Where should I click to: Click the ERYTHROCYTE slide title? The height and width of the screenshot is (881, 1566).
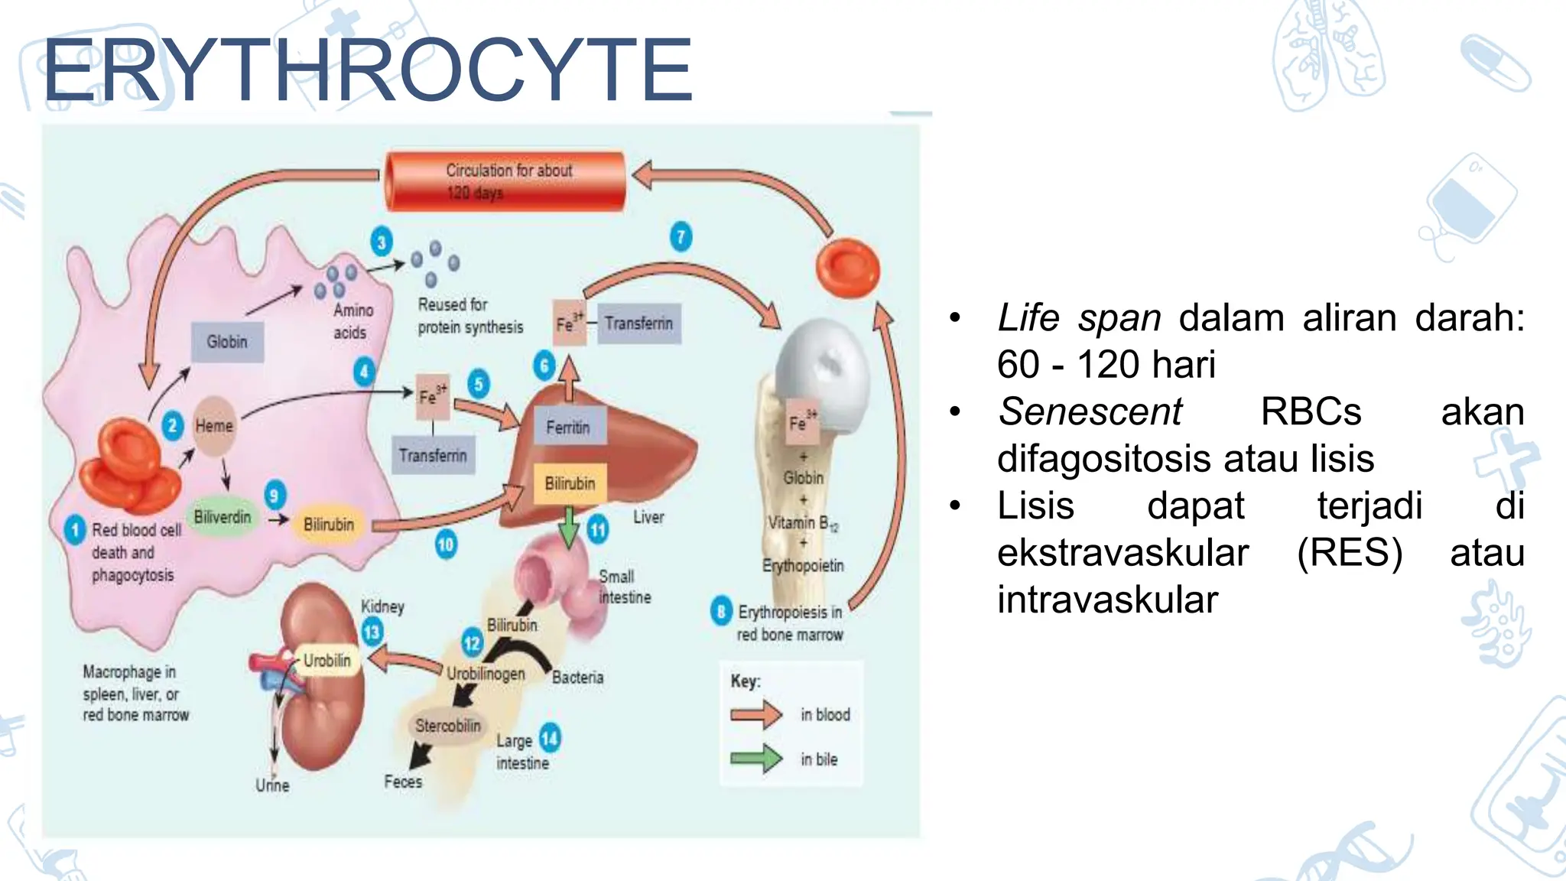pyautogui.click(x=367, y=70)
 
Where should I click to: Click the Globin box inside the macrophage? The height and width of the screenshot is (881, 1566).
pyautogui.click(x=227, y=342)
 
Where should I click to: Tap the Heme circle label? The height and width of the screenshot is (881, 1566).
pyautogui.click(x=214, y=426)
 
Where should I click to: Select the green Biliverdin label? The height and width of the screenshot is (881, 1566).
pyautogui.click(x=223, y=518)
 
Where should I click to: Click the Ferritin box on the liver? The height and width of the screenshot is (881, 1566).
pyautogui.click(x=568, y=427)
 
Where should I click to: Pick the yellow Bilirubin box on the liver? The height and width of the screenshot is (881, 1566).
pyautogui.click(x=570, y=483)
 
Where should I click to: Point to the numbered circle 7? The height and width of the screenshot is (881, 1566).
pyautogui.click(x=681, y=236)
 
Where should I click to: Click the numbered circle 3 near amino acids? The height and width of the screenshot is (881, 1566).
pyautogui.click(x=382, y=242)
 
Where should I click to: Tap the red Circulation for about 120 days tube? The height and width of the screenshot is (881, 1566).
pyautogui.click(x=506, y=181)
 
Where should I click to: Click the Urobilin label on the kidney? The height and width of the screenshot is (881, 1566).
pyautogui.click(x=327, y=660)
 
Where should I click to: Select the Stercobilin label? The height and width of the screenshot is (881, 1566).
pyautogui.click(x=448, y=726)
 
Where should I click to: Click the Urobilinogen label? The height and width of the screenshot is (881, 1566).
pyautogui.click(x=486, y=674)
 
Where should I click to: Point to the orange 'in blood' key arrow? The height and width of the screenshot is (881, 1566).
pyautogui.click(x=755, y=715)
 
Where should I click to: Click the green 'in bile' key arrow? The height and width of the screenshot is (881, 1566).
pyautogui.click(x=755, y=759)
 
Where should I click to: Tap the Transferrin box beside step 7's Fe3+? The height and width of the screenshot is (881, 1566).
pyautogui.click(x=639, y=323)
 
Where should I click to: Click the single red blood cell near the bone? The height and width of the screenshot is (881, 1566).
pyautogui.click(x=847, y=268)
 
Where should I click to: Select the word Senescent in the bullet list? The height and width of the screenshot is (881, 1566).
pyautogui.click(x=1090, y=412)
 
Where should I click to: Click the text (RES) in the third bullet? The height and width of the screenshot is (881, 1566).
pyautogui.click(x=1350, y=553)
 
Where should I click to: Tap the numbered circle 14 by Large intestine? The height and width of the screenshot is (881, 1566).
pyautogui.click(x=550, y=738)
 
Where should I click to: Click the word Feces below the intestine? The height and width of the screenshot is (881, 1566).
pyautogui.click(x=403, y=782)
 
